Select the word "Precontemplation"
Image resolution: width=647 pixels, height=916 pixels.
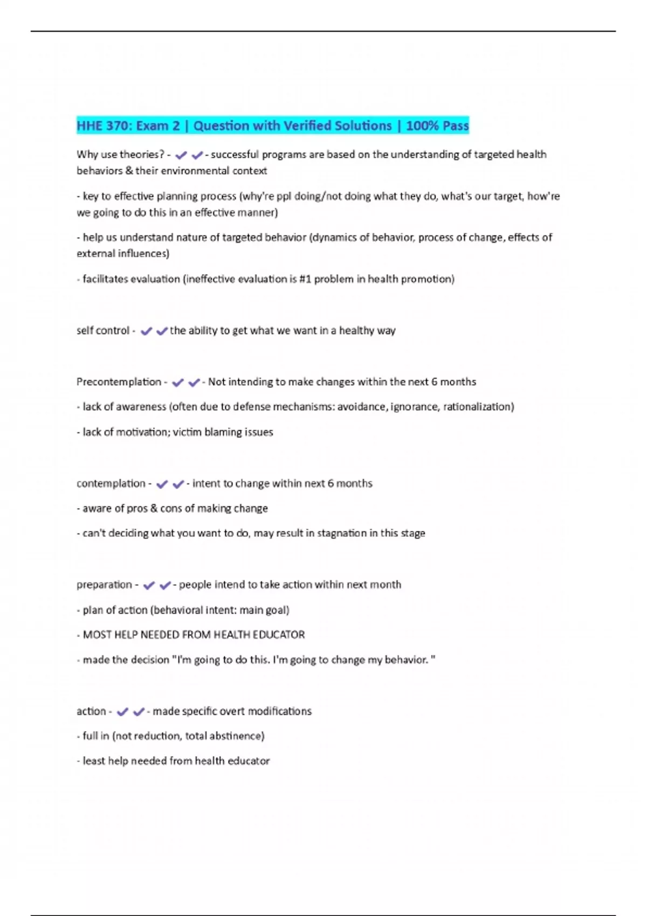coord(119,382)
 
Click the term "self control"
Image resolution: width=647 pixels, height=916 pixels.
coord(102,330)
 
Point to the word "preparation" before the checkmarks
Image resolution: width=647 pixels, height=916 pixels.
coord(104,585)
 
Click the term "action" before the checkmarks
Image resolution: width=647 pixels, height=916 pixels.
coord(91,711)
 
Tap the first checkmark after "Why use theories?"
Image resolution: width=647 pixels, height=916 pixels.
coord(181,155)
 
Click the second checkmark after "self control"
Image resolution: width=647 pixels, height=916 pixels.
coord(162,331)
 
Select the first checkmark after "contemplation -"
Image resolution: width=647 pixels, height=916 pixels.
coord(161,484)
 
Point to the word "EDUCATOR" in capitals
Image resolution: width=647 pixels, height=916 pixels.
coord(283,635)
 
